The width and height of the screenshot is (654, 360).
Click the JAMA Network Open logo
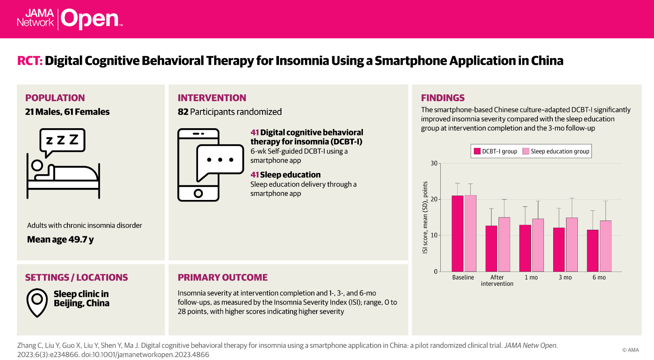click(69, 19)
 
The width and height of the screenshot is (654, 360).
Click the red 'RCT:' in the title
click(29, 61)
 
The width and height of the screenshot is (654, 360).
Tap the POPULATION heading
click(55, 98)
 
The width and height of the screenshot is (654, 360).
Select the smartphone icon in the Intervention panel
click(198, 165)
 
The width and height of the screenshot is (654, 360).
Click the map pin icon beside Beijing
click(37, 302)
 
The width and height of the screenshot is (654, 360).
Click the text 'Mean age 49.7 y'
click(60, 239)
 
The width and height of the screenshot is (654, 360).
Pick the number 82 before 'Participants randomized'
click(183, 112)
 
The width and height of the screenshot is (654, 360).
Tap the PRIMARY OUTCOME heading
click(223, 277)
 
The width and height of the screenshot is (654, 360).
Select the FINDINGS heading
click(443, 98)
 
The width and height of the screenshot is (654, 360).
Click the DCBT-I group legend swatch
click(477, 151)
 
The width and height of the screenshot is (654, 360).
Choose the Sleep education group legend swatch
click(526, 151)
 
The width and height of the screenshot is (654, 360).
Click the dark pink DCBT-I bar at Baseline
click(457, 233)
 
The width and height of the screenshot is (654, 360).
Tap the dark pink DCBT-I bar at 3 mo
click(559, 250)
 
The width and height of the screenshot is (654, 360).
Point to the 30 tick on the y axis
click(434, 163)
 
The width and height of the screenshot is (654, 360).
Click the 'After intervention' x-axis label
click(497, 281)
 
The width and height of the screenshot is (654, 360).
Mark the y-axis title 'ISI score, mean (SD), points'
click(425, 218)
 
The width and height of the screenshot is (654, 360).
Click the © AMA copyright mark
click(630, 350)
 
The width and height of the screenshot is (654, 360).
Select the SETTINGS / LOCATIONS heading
click(76, 277)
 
